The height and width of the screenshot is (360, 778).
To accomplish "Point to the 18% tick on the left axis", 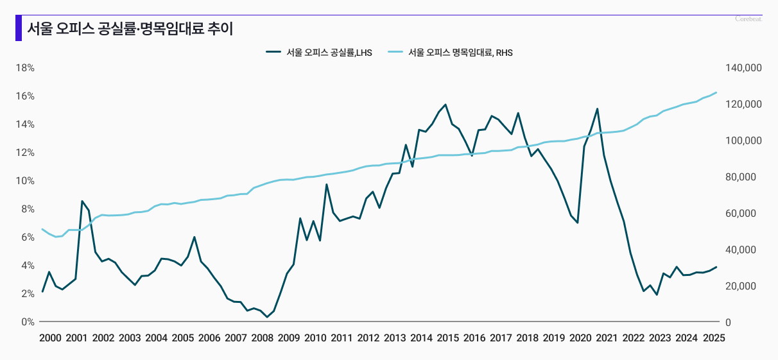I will coord(26,68).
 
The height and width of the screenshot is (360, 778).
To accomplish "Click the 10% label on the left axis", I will coord(26,181).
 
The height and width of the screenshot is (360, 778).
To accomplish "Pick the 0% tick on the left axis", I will coord(28,322).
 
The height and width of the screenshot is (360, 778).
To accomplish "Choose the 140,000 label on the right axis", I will coord(743,68).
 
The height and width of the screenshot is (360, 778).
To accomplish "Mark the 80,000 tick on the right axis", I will coord(746,177).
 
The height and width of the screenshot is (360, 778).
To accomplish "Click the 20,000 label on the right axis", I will coord(746,286).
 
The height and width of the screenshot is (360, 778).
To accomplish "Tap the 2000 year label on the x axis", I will coord(50,338).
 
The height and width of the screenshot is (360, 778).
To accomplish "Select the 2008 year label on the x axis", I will coord(262,338).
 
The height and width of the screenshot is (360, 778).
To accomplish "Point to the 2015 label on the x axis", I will coord(447,338).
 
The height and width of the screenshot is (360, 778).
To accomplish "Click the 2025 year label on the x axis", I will coord(713,338).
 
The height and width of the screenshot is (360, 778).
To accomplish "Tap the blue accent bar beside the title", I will coord(19,28).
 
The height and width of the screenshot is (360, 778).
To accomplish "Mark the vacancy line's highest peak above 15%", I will coord(445,105).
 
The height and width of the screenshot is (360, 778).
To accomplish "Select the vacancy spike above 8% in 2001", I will coord(82,201).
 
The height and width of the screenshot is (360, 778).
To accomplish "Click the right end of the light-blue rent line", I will coord(716,92).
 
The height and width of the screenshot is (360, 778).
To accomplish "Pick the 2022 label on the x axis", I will coord(634,338).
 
